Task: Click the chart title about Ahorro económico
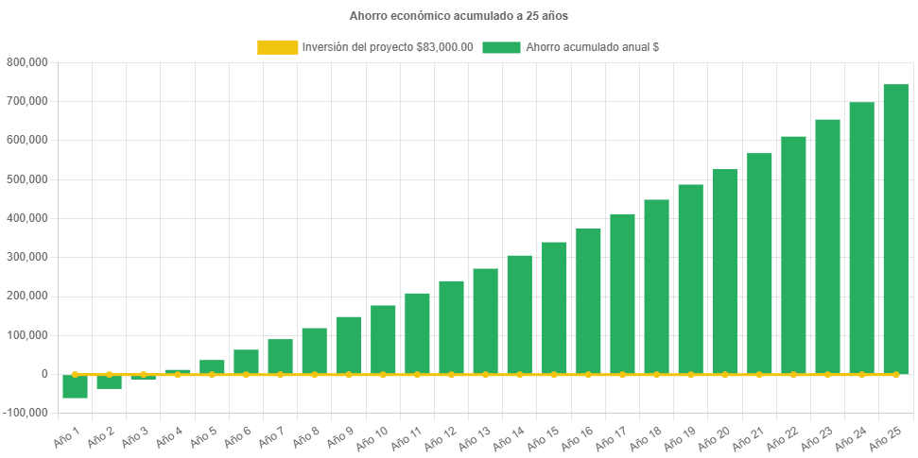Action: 459,16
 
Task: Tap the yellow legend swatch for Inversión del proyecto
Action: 276,47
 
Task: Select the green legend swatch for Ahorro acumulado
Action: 501,47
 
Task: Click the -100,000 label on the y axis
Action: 26,413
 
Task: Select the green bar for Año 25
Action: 895,229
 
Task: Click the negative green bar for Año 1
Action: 75,386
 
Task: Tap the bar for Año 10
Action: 383,340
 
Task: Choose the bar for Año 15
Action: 554,308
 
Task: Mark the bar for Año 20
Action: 725,272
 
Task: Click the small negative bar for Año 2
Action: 109,382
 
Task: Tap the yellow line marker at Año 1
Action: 75,375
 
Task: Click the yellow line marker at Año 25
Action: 895,375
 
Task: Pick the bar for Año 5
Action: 212,366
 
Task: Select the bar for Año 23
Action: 827,246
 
